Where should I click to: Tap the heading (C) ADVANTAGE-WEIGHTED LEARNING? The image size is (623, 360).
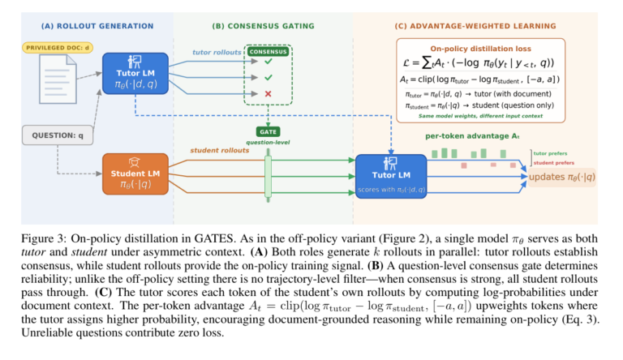click(x=475, y=25)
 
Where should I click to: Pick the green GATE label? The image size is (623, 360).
click(x=268, y=131)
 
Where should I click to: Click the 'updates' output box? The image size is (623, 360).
click(x=561, y=178)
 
